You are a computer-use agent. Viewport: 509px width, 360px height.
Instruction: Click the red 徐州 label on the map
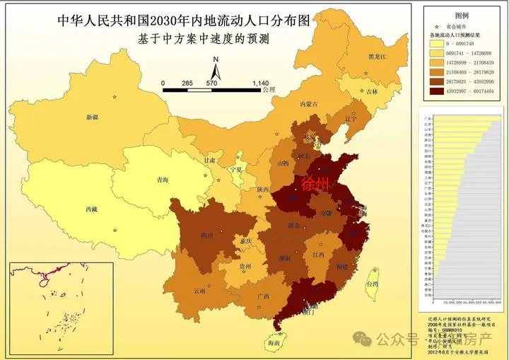click(x=315, y=185)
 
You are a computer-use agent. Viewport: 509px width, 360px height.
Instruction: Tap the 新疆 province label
click(x=92, y=117)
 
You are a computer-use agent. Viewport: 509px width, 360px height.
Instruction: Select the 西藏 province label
click(x=90, y=209)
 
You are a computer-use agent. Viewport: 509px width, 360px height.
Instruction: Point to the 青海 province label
click(x=163, y=180)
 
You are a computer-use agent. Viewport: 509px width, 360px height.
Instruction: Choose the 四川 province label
click(x=206, y=235)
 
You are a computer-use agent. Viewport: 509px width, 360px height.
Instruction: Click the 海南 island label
click(x=274, y=343)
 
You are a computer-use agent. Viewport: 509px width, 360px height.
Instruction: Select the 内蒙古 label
click(x=309, y=104)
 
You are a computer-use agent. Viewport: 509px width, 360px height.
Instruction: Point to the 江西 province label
click(x=318, y=253)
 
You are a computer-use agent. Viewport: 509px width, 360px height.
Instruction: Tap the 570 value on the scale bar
click(x=211, y=83)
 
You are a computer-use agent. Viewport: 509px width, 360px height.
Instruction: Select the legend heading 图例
click(x=462, y=15)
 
